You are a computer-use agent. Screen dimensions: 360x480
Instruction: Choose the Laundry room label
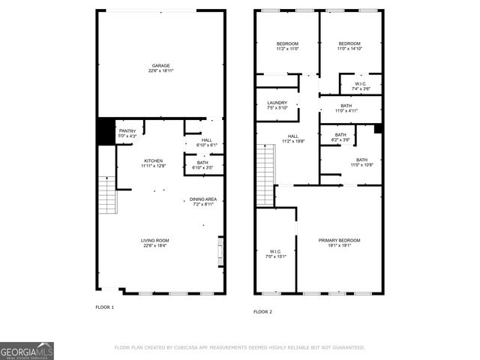pyautogui.click(x=277, y=104)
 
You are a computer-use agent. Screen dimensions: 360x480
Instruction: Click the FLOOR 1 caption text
pyautogui.click(x=104, y=307)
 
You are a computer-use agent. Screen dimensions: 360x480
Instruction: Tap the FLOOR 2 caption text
pyautogui.click(x=262, y=311)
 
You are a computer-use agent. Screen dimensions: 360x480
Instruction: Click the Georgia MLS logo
pyautogui.click(x=27, y=351)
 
